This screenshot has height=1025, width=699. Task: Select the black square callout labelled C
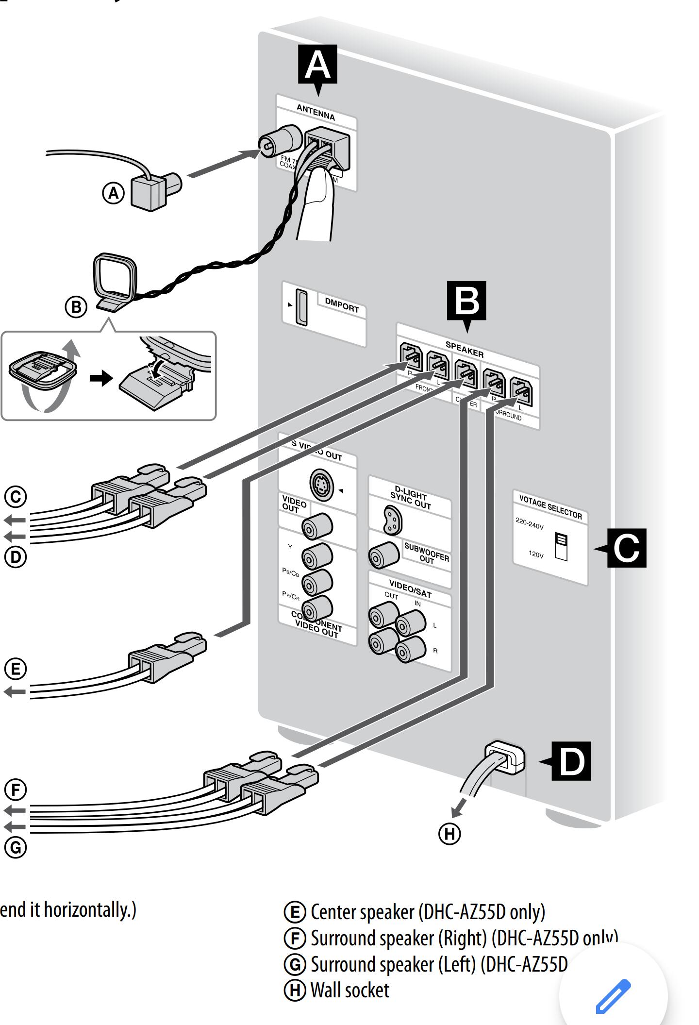tap(627, 548)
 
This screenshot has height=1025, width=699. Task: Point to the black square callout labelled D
tap(571, 761)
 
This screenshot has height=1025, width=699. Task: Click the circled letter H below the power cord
tap(449, 834)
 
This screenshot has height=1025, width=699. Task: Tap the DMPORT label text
tap(342, 305)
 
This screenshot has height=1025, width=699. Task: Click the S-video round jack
tap(321, 485)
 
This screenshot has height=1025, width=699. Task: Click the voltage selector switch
tap(561, 546)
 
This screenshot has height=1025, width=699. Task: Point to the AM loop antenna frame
tap(115, 277)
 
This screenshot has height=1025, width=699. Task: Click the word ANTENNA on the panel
tap(316, 113)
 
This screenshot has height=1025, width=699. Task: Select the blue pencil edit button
tap(613, 996)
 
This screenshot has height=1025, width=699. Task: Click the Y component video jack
tap(317, 556)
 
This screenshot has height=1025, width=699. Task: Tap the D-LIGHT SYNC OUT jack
tap(393, 520)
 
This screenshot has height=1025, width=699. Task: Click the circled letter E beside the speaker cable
tap(16, 669)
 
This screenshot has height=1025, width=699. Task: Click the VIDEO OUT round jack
tap(317, 526)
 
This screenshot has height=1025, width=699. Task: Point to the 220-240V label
tap(529, 523)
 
